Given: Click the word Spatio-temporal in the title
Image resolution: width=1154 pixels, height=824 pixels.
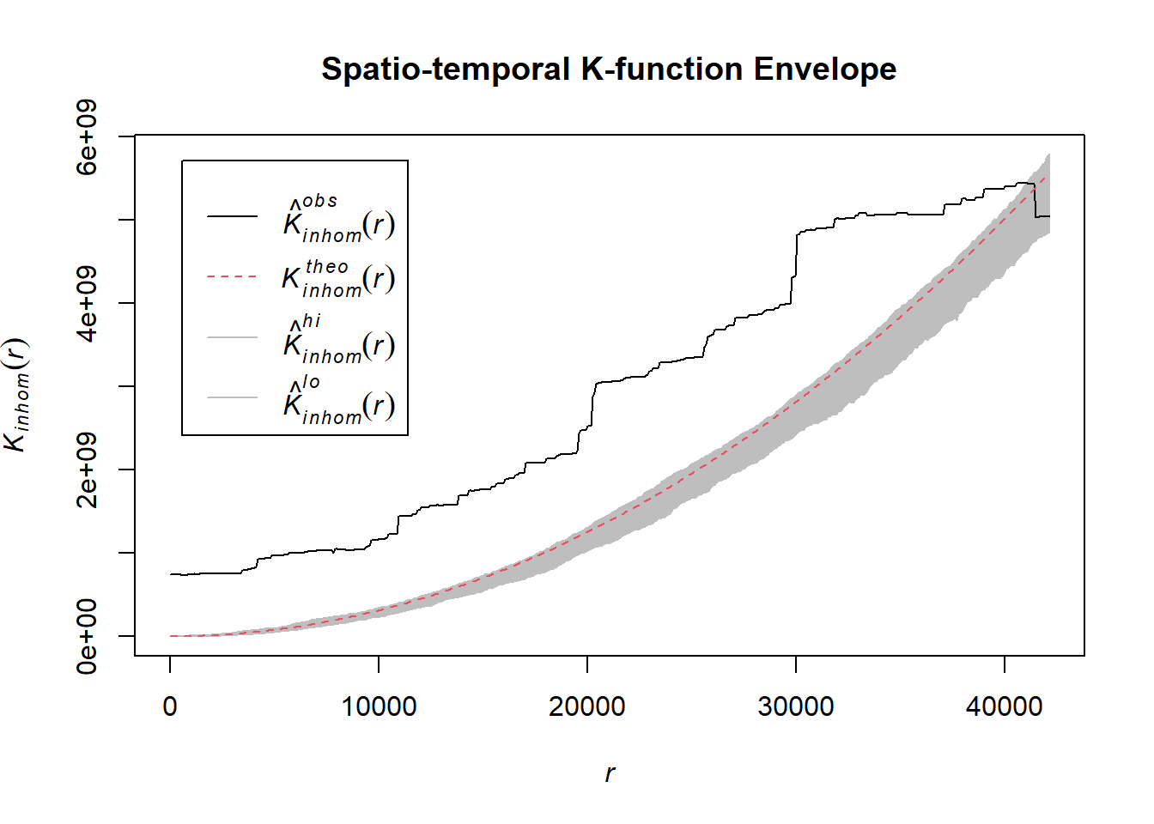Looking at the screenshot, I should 446,69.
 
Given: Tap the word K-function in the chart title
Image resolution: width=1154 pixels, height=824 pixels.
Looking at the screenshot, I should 661,69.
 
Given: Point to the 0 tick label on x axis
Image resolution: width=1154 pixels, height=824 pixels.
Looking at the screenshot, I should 170,706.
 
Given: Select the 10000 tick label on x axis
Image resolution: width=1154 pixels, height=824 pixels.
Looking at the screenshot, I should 379,706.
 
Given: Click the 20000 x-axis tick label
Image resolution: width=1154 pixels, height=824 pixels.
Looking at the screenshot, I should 587,706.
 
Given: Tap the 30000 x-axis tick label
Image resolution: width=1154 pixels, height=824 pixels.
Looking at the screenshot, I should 796,706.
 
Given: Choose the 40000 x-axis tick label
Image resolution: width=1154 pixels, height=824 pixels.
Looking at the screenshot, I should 1004,706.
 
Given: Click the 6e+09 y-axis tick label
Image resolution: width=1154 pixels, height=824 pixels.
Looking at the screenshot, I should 88,137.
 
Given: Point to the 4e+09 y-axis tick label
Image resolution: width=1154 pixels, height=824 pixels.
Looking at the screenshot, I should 88,304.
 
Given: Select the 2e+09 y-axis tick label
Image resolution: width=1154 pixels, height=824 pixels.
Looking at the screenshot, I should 88,470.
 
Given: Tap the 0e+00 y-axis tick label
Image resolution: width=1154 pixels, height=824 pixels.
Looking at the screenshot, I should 88,637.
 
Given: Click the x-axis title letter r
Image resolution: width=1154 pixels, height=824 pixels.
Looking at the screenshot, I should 610,773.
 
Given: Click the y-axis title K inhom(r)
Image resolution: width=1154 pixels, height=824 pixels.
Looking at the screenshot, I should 17,395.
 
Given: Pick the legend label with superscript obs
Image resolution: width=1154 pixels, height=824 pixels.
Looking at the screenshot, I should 338,219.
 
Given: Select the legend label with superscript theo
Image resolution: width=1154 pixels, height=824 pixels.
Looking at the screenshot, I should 338,278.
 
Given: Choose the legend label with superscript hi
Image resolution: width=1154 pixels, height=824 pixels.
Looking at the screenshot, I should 338,339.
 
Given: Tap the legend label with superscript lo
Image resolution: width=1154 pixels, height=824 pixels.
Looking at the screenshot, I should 338,400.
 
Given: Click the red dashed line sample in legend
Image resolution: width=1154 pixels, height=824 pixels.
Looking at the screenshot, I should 232,277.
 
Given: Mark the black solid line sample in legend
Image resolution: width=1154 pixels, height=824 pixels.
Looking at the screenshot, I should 232,216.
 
